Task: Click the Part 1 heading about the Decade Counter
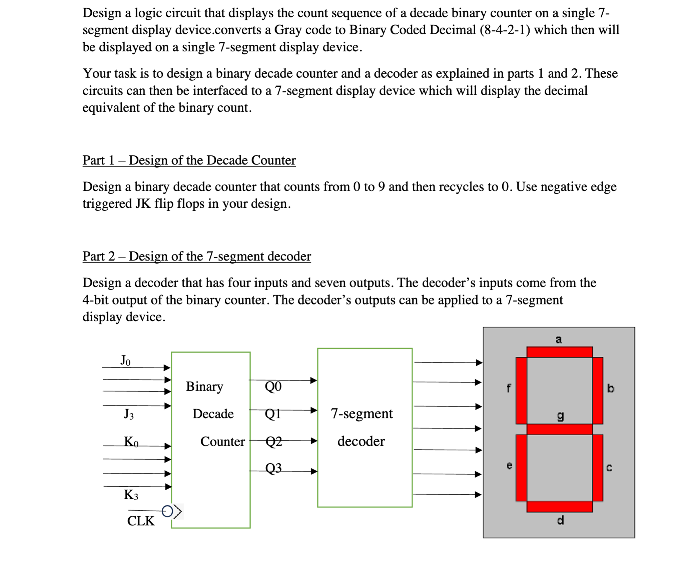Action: coord(189,160)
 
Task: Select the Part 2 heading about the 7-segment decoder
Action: coord(197,256)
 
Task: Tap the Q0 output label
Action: coord(273,386)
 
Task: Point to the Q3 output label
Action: coord(273,468)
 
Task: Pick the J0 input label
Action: coord(125,360)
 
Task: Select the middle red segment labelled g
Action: coord(559,429)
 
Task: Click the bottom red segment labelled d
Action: coord(559,507)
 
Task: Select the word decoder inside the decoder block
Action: coord(361,441)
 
